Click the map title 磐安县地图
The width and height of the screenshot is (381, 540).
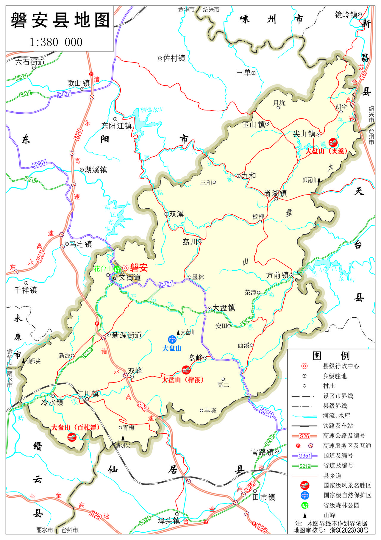coord(60,20)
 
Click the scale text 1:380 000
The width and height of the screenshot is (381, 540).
coord(56,42)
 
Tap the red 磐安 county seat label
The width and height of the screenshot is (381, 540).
coord(139,268)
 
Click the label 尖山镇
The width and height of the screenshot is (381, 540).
coord(304,134)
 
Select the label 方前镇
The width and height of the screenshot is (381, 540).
coord(277,275)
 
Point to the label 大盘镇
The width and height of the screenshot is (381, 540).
coord(224,308)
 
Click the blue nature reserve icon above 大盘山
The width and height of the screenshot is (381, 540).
coord(172,339)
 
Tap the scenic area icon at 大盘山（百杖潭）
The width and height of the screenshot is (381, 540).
coord(72,437)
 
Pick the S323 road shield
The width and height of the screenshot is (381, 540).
coord(246,321)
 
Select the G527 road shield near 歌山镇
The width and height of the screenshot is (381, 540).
coord(64,94)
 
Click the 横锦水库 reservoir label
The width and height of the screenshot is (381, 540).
coord(152,110)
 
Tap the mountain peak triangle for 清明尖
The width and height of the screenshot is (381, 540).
coord(123,438)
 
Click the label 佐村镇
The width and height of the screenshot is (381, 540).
coord(174,58)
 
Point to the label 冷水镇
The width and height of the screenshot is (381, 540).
coord(52,402)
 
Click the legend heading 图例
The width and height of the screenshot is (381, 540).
coord(331,355)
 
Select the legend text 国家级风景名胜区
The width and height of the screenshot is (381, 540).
coord(347,486)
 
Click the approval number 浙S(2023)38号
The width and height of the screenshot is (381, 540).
coord(349,530)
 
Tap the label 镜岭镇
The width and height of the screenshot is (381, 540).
coord(346,15)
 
